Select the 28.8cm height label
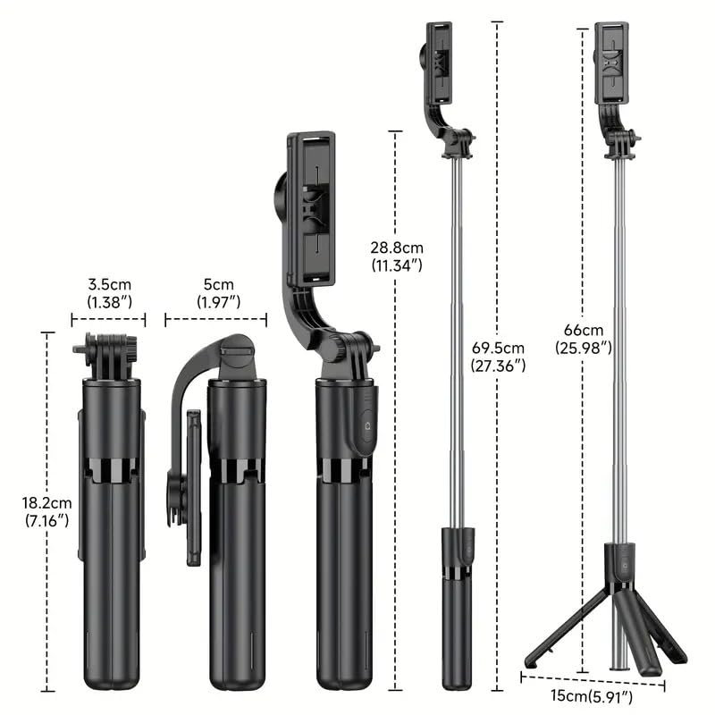398,248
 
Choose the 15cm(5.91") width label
593,695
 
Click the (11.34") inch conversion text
398,265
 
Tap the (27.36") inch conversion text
499,365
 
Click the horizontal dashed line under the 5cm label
215,317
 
